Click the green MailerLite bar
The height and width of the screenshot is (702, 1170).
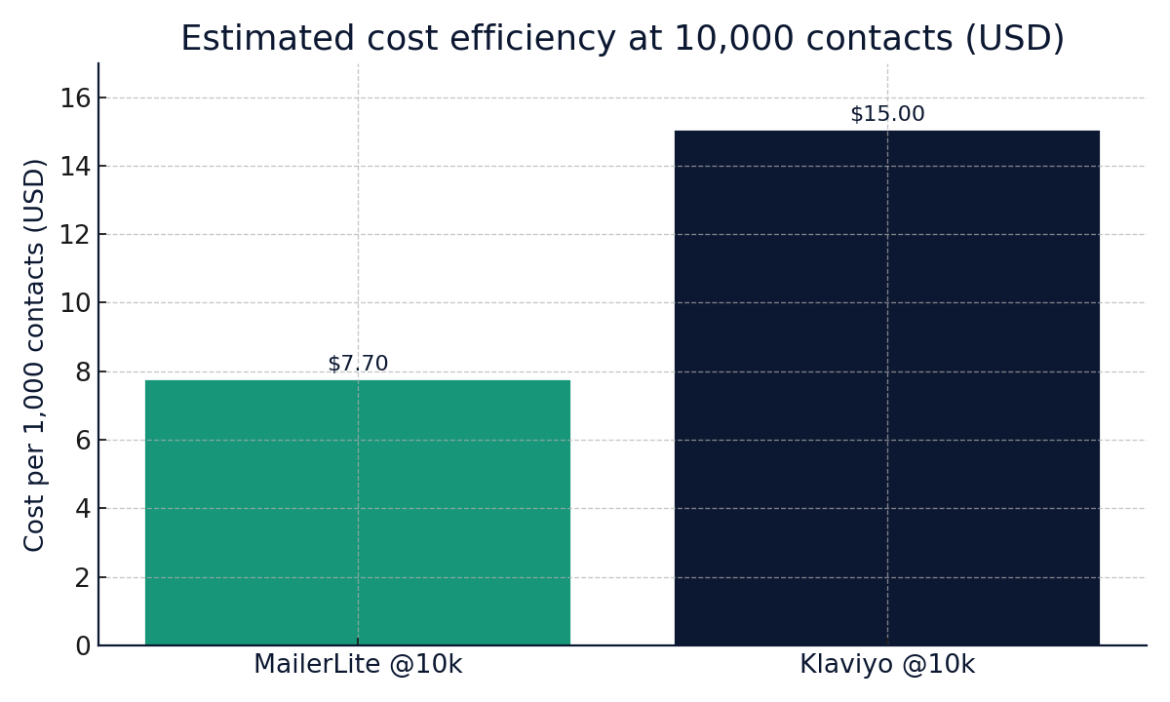point(358,512)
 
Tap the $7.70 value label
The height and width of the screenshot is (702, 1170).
point(358,364)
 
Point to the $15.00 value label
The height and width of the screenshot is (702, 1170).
point(887,114)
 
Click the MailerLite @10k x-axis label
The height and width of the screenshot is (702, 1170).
point(358,665)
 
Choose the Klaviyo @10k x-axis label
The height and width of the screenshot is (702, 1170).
point(887,665)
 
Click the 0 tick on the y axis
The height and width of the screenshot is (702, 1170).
point(83,646)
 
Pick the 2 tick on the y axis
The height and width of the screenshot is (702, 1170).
point(83,578)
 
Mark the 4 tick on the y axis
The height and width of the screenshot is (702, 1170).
point(83,509)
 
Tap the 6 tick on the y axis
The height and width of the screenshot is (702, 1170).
point(83,441)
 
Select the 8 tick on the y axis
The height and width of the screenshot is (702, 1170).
point(83,372)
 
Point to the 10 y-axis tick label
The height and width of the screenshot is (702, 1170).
point(75,303)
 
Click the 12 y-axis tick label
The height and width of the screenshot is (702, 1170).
point(75,235)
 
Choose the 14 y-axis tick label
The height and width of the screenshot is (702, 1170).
point(75,167)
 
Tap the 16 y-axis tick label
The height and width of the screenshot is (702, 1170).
point(75,98)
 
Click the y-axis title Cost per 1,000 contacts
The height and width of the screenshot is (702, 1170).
point(35,354)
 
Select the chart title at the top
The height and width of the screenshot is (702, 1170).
point(622,39)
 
